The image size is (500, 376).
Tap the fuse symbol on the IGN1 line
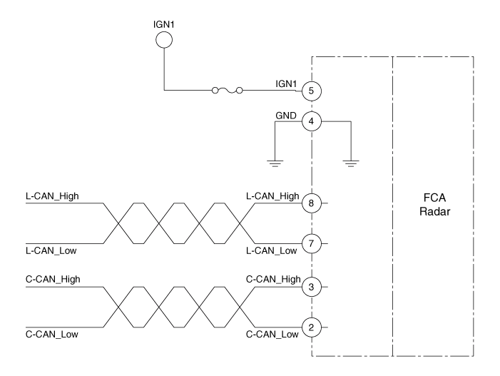point(226,91)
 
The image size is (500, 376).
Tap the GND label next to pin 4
point(285,114)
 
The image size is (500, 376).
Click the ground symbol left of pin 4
point(275,163)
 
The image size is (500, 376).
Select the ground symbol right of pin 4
point(350,163)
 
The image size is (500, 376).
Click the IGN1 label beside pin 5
point(287,84)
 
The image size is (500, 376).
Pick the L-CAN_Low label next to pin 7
point(272,250)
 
